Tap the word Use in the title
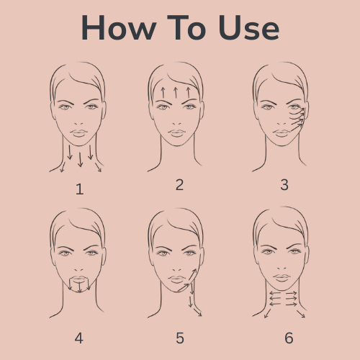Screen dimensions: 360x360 coord(248,27)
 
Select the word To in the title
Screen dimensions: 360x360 coord(186,27)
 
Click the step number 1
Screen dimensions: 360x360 coord(80,189)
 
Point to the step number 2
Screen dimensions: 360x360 coord(179,185)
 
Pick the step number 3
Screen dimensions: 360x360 coord(284,185)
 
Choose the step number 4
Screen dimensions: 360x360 coord(79,338)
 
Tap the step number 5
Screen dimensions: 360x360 coord(180,338)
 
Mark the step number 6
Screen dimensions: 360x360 coord(289,338)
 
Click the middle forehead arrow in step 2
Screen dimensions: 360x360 coord(176,93)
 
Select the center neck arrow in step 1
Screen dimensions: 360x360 coord(80,159)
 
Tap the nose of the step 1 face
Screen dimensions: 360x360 coord(78,124)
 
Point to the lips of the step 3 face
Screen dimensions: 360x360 coord(282,133)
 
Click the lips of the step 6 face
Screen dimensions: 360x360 coord(282,278)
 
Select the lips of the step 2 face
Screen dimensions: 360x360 coord(177,133)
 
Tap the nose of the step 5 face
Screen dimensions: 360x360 coord(176,269)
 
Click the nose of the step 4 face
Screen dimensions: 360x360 coord(78,269)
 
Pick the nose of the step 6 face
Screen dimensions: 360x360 coord(282,268)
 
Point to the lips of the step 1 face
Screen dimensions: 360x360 coord(78,133)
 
